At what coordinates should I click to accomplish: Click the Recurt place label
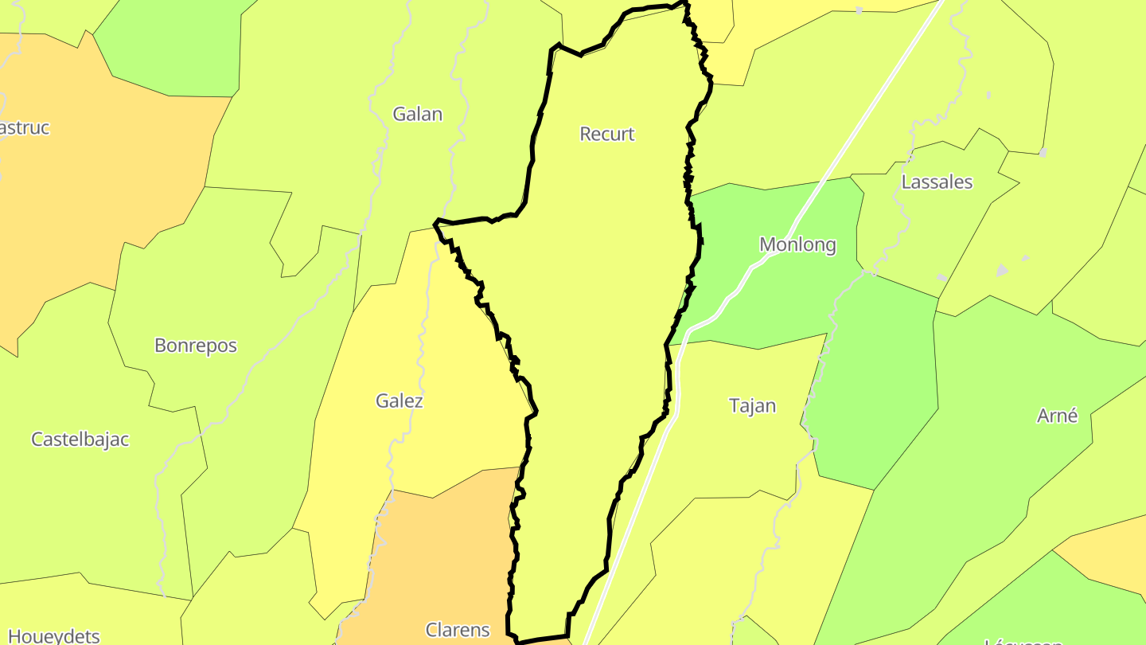click(x=607, y=134)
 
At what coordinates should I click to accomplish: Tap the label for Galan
click(x=417, y=114)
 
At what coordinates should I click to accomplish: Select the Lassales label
click(x=937, y=182)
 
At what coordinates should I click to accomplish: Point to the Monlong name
click(x=797, y=244)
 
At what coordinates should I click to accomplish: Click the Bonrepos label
click(x=196, y=346)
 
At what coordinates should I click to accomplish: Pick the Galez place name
click(x=400, y=401)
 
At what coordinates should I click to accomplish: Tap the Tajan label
click(x=752, y=405)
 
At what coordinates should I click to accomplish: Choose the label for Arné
click(x=1057, y=415)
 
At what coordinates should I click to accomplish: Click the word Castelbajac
click(x=80, y=439)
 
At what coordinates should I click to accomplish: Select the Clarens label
click(x=458, y=630)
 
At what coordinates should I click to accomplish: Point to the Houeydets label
click(x=53, y=635)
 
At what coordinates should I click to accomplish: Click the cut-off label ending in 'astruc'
click(x=24, y=127)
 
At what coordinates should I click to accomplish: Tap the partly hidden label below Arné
click(x=1023, y=641)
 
